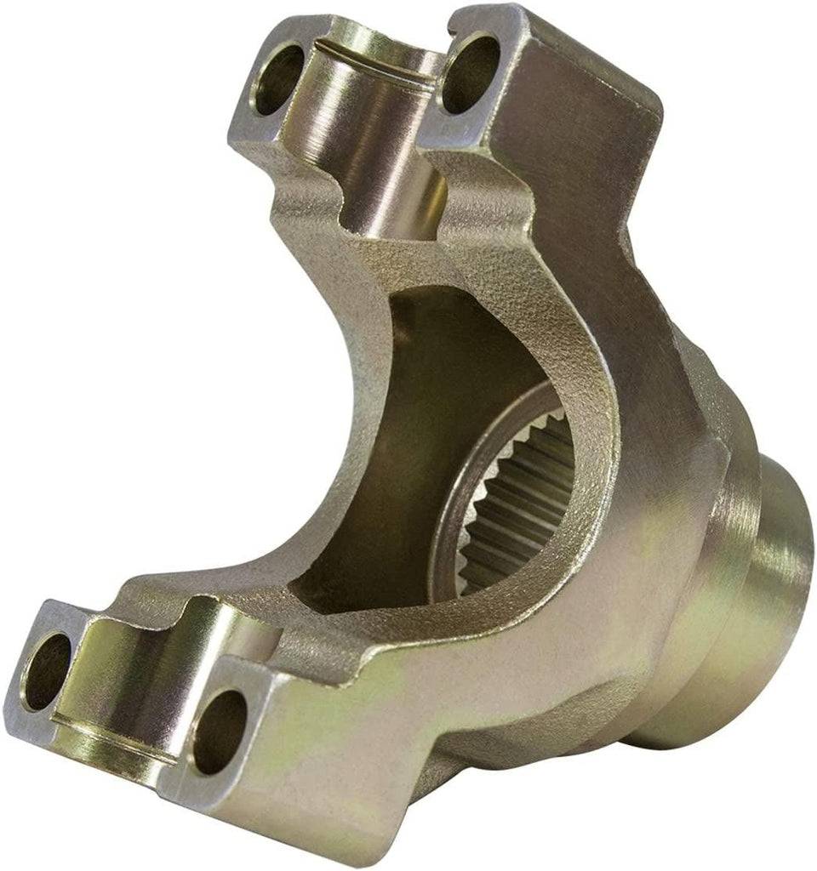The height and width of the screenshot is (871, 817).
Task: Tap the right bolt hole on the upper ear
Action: click(471, 73)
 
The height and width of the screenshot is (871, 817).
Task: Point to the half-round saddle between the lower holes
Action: click(128, 680)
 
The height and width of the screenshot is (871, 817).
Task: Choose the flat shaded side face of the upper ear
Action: click(587, 170)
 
